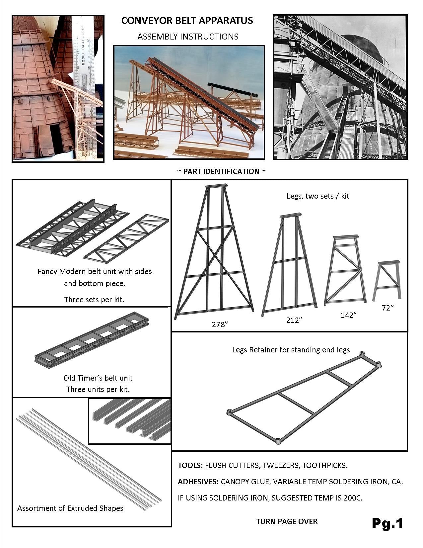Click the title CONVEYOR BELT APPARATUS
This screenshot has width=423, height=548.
(187, 21)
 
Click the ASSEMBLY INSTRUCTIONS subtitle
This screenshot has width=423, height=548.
(188, 37)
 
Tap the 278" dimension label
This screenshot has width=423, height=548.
(220, 324)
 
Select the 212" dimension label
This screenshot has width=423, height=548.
(294, 320)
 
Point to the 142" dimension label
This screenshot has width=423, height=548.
(348, 315)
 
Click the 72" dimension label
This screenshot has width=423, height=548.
(388, 308)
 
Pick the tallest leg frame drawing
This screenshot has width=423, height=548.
(214, 252)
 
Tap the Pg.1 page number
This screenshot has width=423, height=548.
(387, 523)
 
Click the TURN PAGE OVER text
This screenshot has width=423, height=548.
(287, 521)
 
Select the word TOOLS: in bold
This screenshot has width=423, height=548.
(190, 465)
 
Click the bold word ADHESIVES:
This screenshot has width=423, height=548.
(198, 482)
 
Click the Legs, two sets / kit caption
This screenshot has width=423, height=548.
(317, 196)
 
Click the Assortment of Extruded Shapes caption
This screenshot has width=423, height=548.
(70, 508)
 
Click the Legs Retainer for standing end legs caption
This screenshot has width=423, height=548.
(291, 350)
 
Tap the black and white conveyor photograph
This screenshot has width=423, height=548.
(340, 87)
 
